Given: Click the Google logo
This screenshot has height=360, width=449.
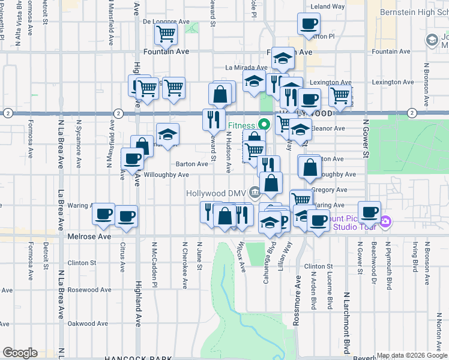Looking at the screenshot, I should pos(20,353).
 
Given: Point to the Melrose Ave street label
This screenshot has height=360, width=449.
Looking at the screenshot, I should pos(89,237).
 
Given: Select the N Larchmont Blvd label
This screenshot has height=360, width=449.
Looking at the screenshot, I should pos(347,323).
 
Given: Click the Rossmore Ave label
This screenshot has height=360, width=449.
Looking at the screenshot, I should pos(296,300).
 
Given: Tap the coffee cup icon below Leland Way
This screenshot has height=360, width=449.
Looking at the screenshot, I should pos(309,25).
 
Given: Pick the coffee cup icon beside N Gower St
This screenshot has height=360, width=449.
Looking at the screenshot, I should pos(369,212).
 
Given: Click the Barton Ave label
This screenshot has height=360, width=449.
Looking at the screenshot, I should pos(191,164).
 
